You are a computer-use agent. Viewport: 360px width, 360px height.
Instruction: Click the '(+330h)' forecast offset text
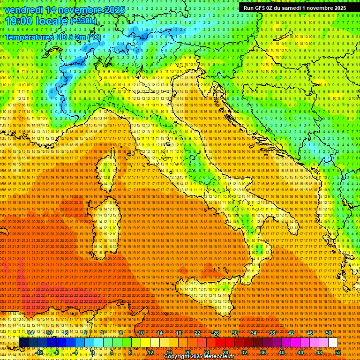(83, 21)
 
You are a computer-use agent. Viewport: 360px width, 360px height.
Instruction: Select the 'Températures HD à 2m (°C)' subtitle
(52, 37)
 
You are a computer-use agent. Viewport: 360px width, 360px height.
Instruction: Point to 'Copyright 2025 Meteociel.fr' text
(202, 357)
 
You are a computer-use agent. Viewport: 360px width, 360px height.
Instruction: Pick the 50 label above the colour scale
(328, 333)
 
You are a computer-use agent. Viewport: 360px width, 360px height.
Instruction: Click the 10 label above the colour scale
(141, 333)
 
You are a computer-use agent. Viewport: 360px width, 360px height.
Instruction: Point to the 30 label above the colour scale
(234, 333)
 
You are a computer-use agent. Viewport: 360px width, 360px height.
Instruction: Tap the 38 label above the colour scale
(272, 333)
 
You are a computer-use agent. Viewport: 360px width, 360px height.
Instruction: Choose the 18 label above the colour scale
(178, 333)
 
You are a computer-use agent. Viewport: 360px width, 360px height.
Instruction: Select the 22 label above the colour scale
(197, 333)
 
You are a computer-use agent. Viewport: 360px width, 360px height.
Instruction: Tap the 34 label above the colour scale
(253, 333)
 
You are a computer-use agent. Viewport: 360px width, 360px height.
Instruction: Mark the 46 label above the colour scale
(309, 333)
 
